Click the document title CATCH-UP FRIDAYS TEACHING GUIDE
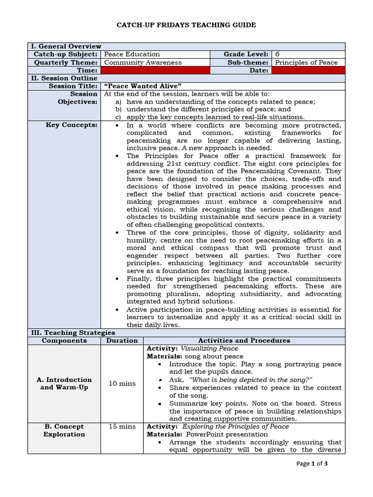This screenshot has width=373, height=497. tap(186, 25)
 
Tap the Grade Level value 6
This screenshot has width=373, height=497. tap(277, 54)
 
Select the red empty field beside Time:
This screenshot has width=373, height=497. tap(154, 70)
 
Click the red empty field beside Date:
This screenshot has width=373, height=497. tap(308, 70)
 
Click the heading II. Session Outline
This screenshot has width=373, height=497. tap(65, 78)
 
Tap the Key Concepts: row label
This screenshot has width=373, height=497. tap(78, 125)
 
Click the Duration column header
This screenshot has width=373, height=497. tap(122, 340)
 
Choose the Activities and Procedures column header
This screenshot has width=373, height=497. tap(244, 340)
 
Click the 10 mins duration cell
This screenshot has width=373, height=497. tap(122, 383)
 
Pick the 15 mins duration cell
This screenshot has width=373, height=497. tap(122, 427)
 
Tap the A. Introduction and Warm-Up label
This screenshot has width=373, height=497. tap(66, 383)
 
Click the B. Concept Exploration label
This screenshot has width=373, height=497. tap(64, 431)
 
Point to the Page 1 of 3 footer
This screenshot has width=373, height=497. tap(312, 464)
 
